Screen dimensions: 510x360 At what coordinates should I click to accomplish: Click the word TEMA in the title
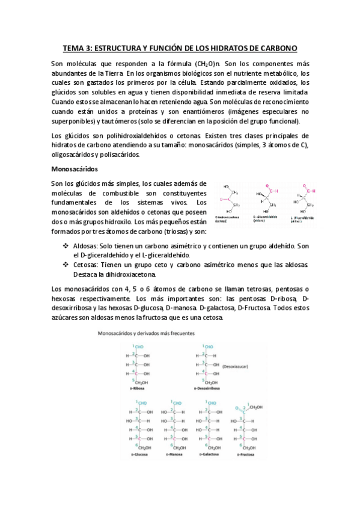75,48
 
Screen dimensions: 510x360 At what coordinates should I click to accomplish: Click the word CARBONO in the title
276,48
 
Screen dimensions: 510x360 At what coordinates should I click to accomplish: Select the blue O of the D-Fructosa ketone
237,407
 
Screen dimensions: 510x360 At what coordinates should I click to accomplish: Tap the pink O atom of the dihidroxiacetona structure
222,198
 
